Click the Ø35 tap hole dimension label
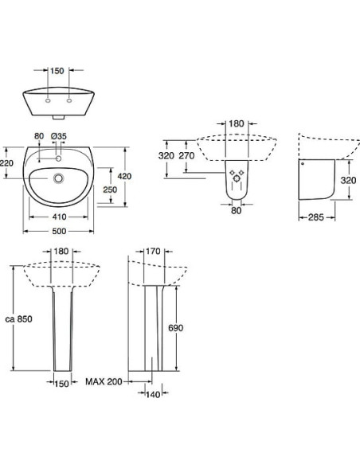point(58,136)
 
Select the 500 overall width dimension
point(55,232)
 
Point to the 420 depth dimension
point(124,175)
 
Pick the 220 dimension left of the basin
point(7,163)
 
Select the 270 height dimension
point(187,156)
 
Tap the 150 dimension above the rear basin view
point(56,71)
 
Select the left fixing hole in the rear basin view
point(49,100)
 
